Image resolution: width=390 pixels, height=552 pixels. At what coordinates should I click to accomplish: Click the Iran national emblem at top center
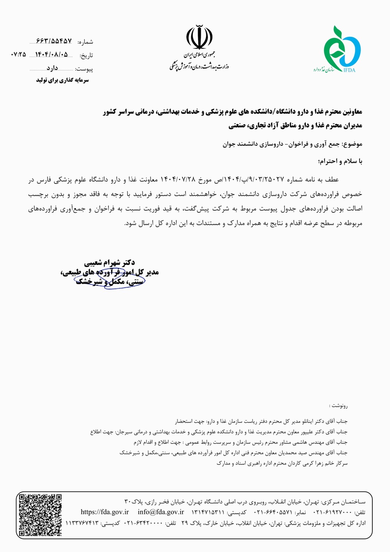click(199, 37)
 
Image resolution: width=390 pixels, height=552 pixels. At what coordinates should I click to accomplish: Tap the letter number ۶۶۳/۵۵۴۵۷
click(54, 41)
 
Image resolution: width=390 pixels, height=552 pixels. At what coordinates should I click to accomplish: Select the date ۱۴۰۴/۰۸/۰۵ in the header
click(51, 55)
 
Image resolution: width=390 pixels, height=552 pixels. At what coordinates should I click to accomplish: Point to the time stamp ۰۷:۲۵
click(19, 55)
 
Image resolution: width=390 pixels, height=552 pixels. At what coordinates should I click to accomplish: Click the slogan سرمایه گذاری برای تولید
click(62, 80)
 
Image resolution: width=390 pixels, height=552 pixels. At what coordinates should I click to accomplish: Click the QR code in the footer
click(41, 515)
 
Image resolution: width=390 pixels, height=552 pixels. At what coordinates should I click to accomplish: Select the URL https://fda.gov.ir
click(105, 512)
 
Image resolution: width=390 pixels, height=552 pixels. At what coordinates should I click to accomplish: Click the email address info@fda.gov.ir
click(161, 512)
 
